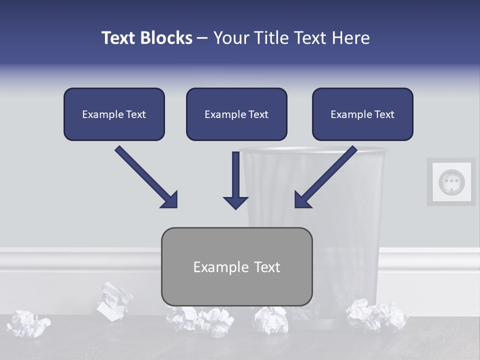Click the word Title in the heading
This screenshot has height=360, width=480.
270,38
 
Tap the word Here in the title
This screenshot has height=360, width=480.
351,38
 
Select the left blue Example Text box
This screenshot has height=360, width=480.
114,114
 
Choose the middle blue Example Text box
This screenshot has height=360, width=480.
236,114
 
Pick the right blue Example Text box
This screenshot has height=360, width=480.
362,114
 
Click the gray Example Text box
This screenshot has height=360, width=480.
236,266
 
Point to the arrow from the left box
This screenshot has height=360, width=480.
146,177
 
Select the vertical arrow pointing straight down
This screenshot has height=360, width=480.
236,180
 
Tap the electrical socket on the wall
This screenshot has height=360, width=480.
451,182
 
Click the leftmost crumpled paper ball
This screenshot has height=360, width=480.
28,323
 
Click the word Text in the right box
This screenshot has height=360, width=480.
384,114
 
